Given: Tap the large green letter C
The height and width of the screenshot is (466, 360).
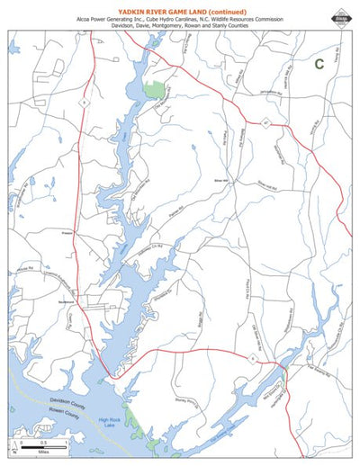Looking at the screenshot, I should (319, 64).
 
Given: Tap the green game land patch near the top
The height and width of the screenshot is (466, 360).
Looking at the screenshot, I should (155, 90).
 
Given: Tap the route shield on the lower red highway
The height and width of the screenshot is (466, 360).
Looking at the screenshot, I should (255, 356).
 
